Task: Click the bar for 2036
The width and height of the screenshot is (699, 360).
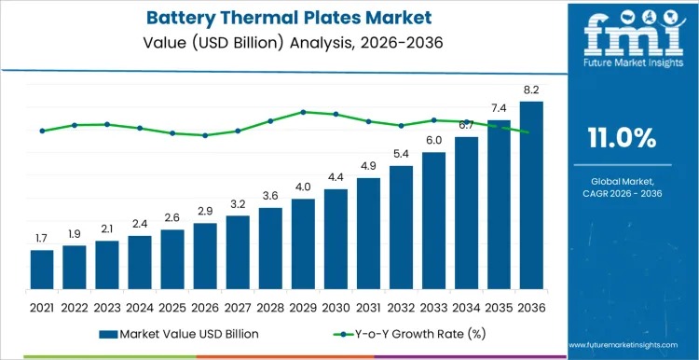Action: coord(531,196)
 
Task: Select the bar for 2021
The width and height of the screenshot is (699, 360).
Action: coord(42,270)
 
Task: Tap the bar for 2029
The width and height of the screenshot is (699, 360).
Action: coord(303,243)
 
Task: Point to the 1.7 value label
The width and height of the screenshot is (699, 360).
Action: coord(42,240)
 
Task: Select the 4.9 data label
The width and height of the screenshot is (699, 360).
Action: coord(368,167)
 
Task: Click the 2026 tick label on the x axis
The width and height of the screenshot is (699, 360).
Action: coord(205,306)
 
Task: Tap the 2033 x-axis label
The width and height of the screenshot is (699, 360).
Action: coord(433,306)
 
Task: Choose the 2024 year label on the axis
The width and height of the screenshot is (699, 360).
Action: coord(140,306)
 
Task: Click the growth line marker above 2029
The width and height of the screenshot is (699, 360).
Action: coord(303,112)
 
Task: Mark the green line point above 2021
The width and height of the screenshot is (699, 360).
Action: coord(42,131)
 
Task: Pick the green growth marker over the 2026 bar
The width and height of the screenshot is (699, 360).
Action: coord(205,135)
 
